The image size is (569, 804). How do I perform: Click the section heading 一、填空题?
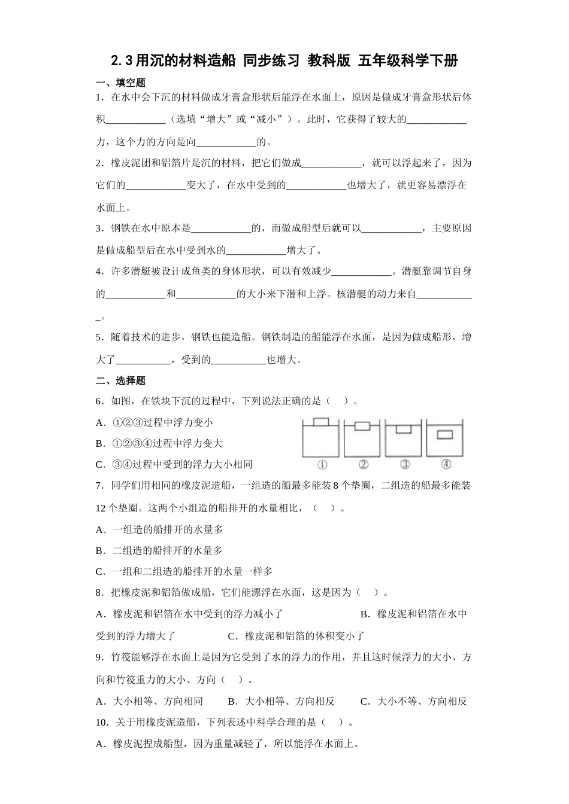pos(120,83)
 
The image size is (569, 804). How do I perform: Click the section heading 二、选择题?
pos(120,380)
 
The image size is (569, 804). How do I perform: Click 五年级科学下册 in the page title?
pos(408,60)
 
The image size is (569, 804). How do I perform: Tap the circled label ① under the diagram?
pos(322,464)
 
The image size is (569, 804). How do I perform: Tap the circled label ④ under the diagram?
pos(445,464)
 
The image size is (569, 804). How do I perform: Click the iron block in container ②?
pos(363,427)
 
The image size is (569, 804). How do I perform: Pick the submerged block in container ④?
pos(445,435)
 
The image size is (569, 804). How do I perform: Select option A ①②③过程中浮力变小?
pos(154,422)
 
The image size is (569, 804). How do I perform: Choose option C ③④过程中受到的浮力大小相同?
pos(174,464)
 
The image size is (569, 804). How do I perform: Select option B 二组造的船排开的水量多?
pos(159,550)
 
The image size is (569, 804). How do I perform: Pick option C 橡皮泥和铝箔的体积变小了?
pos(296,636)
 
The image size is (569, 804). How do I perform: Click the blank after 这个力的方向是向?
pos(226,142)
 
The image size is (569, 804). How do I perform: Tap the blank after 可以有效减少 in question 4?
pos(361,272)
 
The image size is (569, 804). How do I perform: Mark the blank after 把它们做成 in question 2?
pos(331,163)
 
